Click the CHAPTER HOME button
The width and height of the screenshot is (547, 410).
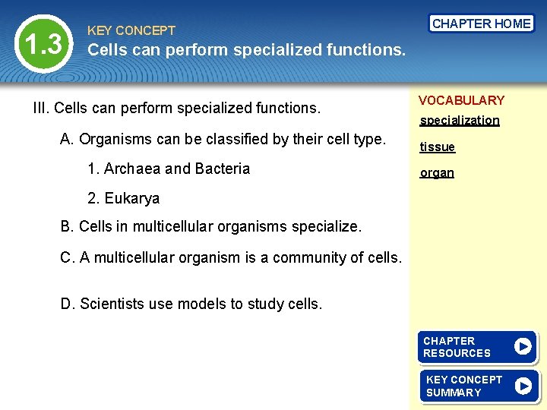click(481, 24)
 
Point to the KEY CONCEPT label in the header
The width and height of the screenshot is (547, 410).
click(131, 31)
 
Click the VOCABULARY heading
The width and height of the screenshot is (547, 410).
click(461, 100)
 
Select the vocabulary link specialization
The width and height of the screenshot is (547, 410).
click(460, 121)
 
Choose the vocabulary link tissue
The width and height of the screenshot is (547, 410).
click(438, 147)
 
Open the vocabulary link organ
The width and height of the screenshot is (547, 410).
click(437, 173)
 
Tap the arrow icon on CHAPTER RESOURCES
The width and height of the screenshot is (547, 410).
click(523, 347)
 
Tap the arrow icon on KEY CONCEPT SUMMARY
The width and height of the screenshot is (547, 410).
click(523, 386)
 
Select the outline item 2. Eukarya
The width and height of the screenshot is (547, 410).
click(123, 199)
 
